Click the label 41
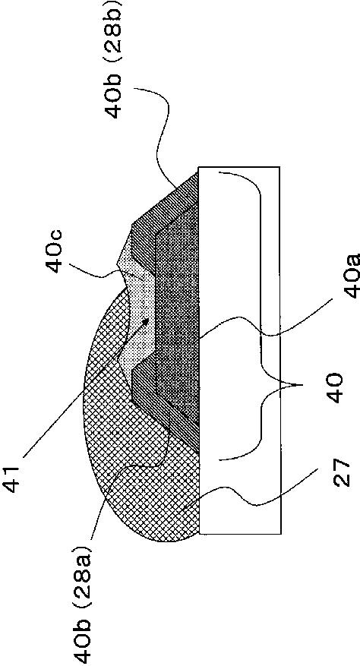coord(16,478)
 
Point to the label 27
coord(343,472)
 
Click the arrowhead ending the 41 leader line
coord(146,321)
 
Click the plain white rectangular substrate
coord(239,350)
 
